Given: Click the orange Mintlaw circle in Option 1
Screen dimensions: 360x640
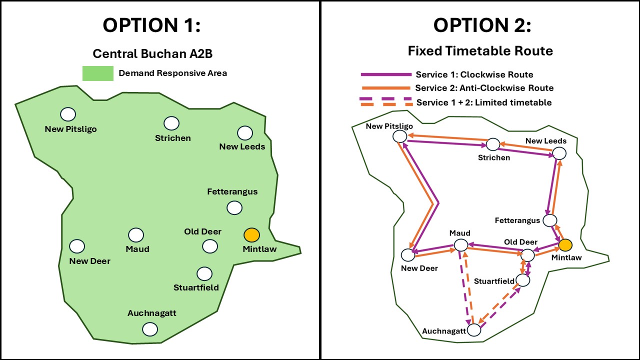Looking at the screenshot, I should click(x=251, y=234).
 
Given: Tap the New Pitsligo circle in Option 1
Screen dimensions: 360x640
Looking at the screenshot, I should click(x=68, y=114).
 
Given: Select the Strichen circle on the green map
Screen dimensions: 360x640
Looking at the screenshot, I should click(x=171, y=123).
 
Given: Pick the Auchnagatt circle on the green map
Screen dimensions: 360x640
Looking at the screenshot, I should click(x=149, y=329).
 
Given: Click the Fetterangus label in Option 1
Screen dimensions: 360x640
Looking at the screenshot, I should click(x=232, y=191).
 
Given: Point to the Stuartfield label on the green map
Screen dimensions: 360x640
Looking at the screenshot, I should click(x=196, y=287).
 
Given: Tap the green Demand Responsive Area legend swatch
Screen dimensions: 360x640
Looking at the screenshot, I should click(x=97, y=73).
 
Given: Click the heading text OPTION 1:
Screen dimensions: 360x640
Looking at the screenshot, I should click(x=151, y=25).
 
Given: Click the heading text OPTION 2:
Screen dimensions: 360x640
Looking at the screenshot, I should click(x=482, y=25).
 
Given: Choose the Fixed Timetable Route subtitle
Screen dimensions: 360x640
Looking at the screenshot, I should click(x=480, y=50).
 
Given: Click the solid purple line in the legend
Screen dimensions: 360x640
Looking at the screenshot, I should click(x=385, y=74).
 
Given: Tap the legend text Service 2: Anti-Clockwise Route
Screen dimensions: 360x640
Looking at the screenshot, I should click(x=484, y=88).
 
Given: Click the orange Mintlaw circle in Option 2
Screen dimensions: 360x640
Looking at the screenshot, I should click(x=565, y=245).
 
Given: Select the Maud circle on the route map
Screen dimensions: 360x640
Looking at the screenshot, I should click(x=460, y=245).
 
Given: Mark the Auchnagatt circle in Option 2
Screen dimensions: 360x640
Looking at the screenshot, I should click(x=474, y=330).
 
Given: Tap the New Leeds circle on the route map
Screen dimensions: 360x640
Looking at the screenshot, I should click(x=559, y=153).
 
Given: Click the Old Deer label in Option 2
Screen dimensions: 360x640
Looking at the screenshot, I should click(x=520, y=242).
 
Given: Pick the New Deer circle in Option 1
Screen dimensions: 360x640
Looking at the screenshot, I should click(x=77, y=246).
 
